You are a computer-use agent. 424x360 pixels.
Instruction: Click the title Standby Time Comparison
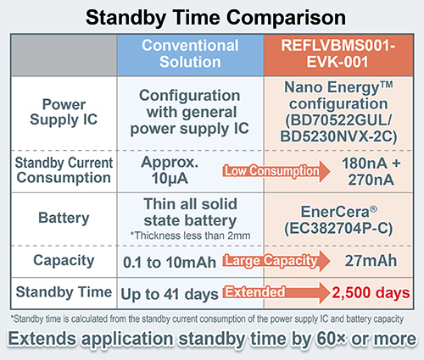[x=211, y=15]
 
